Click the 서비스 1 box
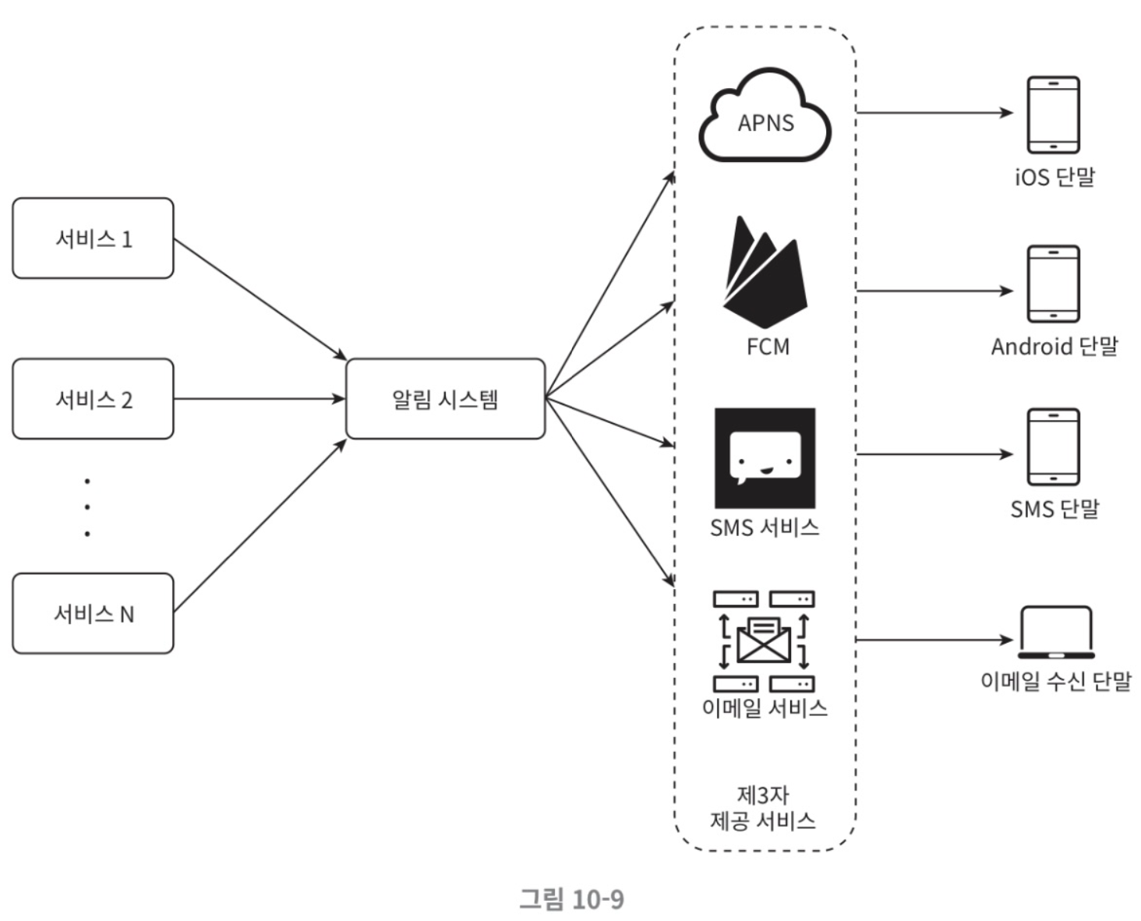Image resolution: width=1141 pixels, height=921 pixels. click(x=94, y=238)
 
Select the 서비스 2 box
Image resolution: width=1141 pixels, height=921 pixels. click(x=94, y=399)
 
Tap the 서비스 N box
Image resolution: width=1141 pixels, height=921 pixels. click(x=94, y=614)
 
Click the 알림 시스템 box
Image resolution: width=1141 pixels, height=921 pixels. click(x=446, y=399)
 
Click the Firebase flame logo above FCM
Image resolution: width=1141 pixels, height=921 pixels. click(x=765, y=272)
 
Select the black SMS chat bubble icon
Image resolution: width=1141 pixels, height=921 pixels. click(x=765, y=458)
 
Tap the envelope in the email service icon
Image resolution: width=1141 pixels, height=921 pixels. click(x=764, y=641)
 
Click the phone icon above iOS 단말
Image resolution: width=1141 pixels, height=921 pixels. click(x=1053, y=115)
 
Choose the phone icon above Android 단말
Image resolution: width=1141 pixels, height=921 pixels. click(x=1053, y=284)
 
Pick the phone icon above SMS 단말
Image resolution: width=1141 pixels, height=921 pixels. click(x=1053, y=447)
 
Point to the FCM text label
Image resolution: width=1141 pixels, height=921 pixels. click(x=768, y=347)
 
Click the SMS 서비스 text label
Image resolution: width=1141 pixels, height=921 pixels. click(x=765, y=528)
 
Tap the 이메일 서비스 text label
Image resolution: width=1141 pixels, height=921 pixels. click(x=765, y=708)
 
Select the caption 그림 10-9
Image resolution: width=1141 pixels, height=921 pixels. click(x=571, y=898)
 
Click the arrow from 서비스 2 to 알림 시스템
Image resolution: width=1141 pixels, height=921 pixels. click(x=260, y=399)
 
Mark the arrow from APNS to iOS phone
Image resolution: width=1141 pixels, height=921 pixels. click(x=934, y=113)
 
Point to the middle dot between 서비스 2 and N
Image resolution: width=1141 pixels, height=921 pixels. click(x=87, y=506)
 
